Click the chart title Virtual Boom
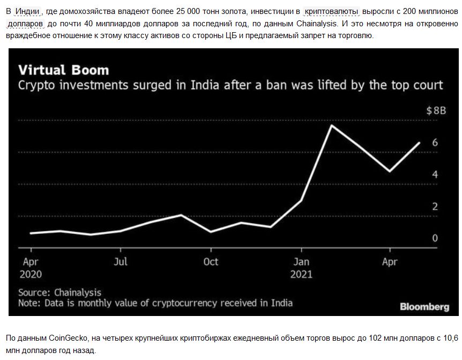pyautogui.click(x=63, y=70)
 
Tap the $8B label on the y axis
pyautogui.click(x=436, y=111)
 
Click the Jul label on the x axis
pyautogui.click(x=121, y=262)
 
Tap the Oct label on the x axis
pyautogui.click(x=211, y=262)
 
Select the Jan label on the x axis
pyautogui.click(x=301, y=262)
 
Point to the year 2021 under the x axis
pyautogui.click(x=301, y=274)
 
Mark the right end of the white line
pyautogui.click(x=419, y=143)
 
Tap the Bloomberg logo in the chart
pyautogui.click(x=424, y=307)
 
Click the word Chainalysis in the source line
pyautogui.click(x=78, y=293)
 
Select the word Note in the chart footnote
pyautogui.click(x=28, y=303)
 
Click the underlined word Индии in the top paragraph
pyautogui.click(x=26, y=11)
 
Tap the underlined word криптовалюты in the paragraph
pyautogui.click(x=332, y=11)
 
